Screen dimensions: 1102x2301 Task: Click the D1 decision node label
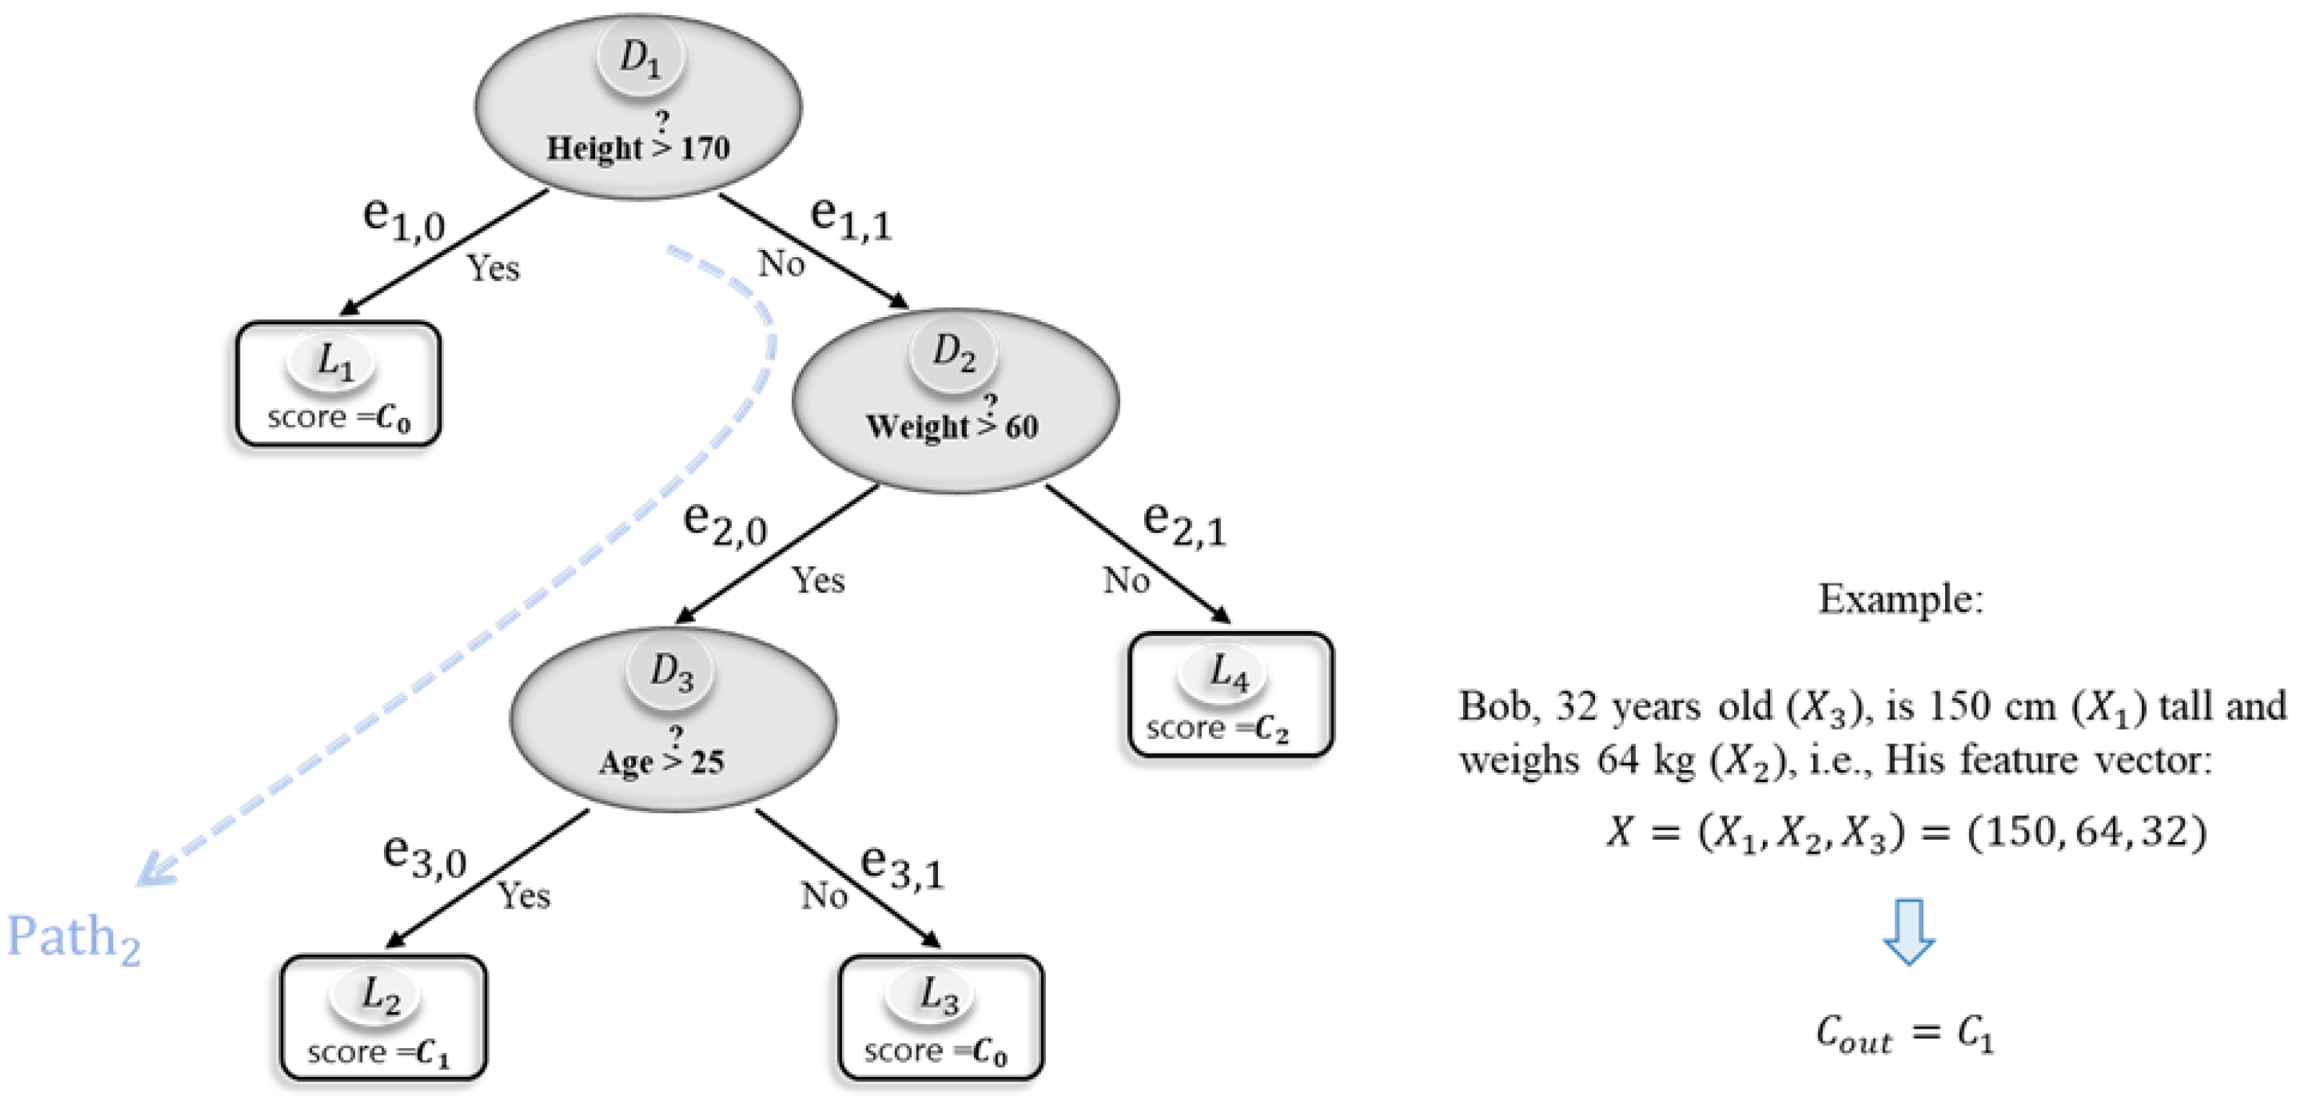click(640, 59)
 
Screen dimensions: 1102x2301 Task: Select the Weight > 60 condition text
click(952, 425)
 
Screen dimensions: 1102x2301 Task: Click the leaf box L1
click(339, 385)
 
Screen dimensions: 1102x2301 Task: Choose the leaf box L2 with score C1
click(383, 1018)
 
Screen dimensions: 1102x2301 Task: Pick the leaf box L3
click(941, 1018)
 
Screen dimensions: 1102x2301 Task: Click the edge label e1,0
click(403, 219)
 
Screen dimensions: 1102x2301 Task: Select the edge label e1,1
click(850, 219)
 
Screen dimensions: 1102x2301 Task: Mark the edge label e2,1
click(1184, 524)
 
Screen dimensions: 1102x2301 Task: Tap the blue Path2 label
click(73, 938)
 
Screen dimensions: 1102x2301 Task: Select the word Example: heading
click(1900, 599)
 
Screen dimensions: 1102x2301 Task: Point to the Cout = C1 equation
click(1903, 1034)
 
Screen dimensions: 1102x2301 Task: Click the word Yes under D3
click(524, 895)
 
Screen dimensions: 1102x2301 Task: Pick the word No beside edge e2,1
click(1125, 581)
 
